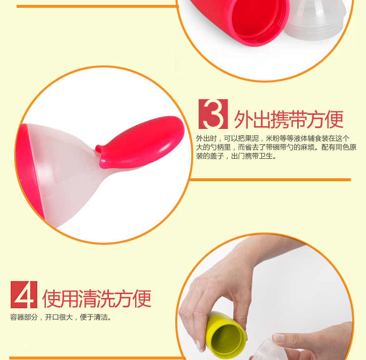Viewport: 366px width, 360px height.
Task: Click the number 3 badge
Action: click(213, 114)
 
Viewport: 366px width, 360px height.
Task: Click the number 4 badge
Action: click(24, 295)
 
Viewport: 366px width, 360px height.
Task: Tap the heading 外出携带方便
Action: click(289, 119)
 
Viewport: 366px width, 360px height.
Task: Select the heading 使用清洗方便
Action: click(97, 298)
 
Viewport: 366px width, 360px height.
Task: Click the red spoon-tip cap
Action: click(140, 142)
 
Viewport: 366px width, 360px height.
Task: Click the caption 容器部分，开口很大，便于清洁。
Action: click(61, 317)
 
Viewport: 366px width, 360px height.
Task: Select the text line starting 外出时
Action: click(273, 138)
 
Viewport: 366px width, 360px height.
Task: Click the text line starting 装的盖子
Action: click(236, 156)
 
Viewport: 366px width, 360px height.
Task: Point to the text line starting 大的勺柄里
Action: click(276, 147)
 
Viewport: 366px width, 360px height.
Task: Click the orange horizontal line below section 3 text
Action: click(270, 180)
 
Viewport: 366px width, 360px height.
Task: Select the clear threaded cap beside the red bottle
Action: click(315, 19)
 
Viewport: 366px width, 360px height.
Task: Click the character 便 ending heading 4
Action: click(142, 298)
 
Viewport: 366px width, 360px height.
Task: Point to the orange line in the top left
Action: click(98, 6)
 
